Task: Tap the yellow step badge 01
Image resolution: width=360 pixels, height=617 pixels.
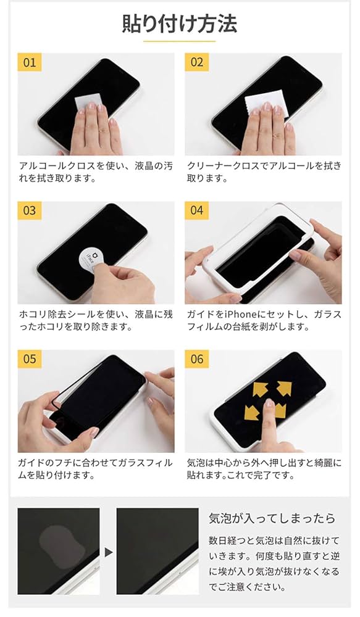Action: (30, 62)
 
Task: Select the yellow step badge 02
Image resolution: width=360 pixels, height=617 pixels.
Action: (197, 62)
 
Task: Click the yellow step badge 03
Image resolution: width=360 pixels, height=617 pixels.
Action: (30, 210)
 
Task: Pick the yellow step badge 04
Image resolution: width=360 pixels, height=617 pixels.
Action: (197, 210)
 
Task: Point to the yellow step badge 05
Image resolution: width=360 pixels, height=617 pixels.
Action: (30, 359)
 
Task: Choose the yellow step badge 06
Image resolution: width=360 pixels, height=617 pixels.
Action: (197, 359)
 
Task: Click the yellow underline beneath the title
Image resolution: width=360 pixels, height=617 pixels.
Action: (180, 41)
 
